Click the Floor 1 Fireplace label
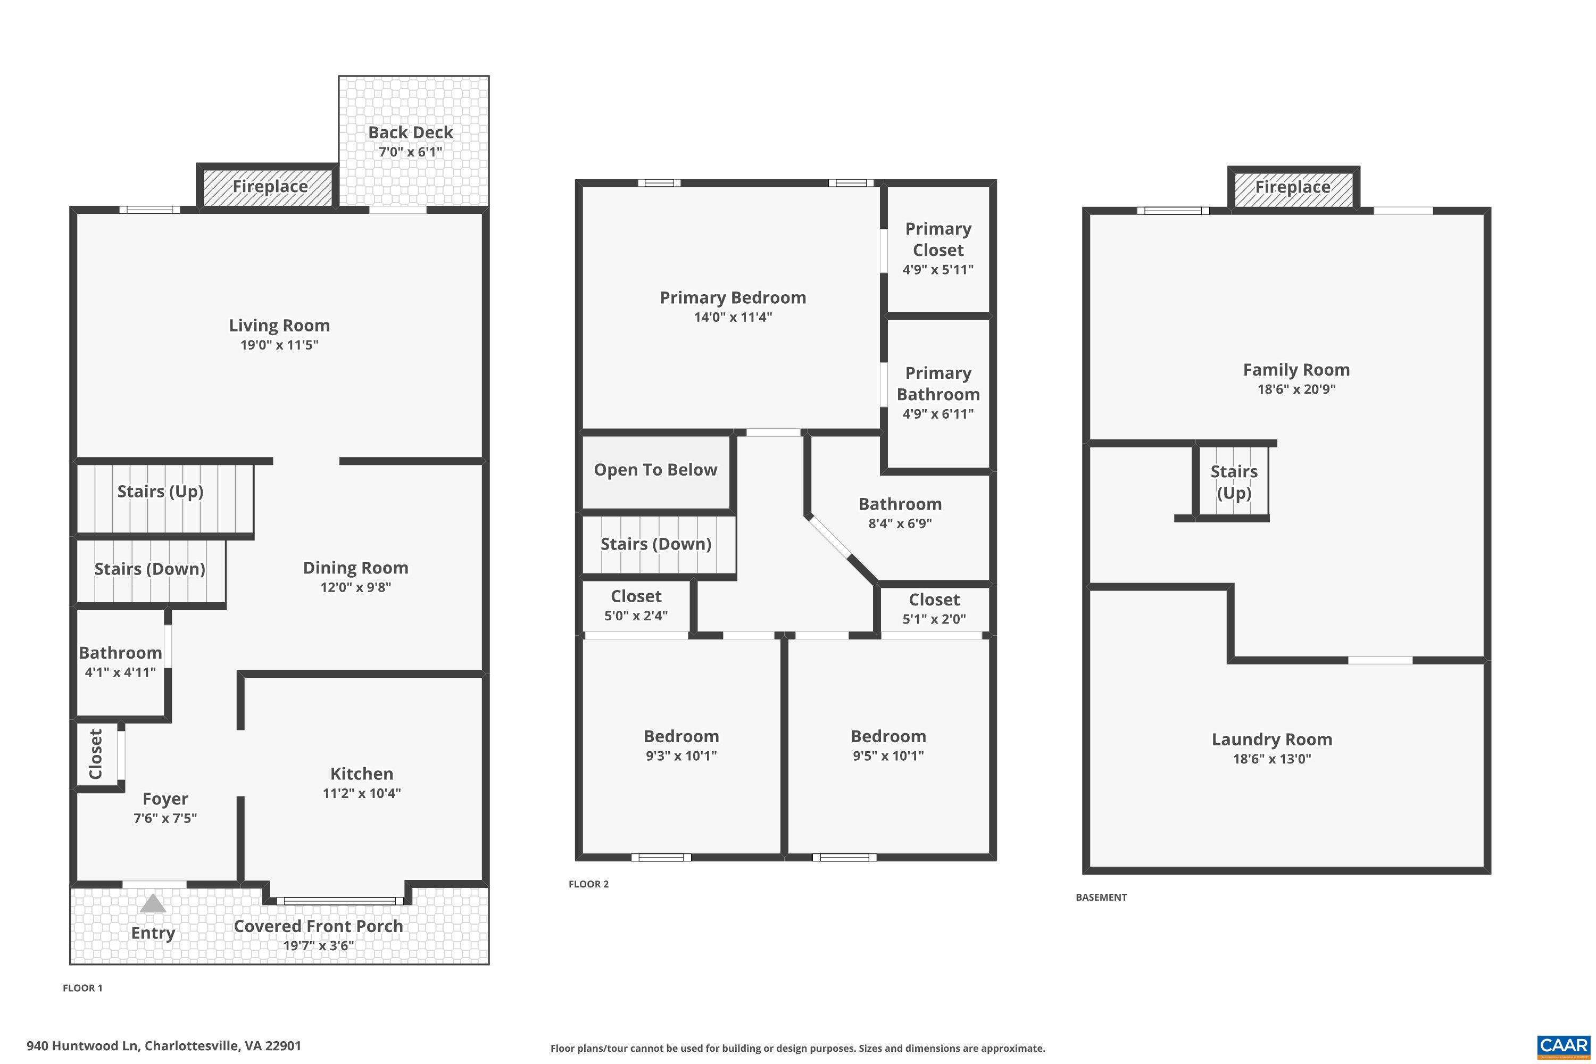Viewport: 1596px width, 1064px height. (x=270, y=187)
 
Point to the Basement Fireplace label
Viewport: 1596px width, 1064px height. (x=1292, y=187)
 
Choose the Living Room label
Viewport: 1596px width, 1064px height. (x=279, y=326)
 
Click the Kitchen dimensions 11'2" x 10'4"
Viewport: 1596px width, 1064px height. (x=362, y=793)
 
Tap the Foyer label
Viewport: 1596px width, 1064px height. (x=165, y=799)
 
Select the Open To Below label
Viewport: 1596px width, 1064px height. (x=655, y=470)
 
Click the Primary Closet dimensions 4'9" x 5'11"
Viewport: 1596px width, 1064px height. (x=938, y=269)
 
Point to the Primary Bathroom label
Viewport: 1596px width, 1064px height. (x=938, y=384)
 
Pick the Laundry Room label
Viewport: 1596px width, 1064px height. (x=1271, y=739)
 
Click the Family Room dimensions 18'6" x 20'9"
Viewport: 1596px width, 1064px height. (x=1296, y=389)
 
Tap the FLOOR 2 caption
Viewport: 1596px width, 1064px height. (x=588, y=884)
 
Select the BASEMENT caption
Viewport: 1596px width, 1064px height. (x=1101, y=897)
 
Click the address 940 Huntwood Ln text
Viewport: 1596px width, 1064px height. (x=163, y=1046)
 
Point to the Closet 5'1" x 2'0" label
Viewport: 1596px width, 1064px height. (x=934, y=600)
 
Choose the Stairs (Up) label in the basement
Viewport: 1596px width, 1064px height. (x=1234, y=482)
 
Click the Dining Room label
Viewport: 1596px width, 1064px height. (x=355, y=568)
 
